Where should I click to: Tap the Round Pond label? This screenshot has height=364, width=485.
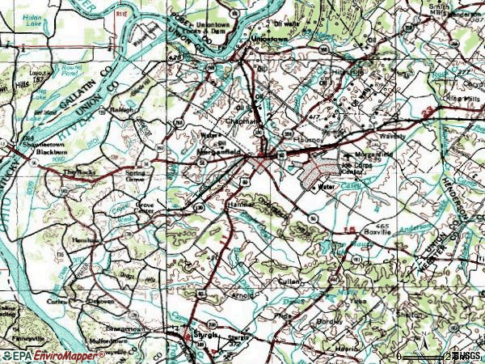(x=73, y=69)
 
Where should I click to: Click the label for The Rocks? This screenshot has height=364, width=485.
(x=78, y=172)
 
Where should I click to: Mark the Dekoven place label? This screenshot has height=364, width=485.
(x=100, y=301)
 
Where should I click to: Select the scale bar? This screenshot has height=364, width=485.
(x=424, y=356)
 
